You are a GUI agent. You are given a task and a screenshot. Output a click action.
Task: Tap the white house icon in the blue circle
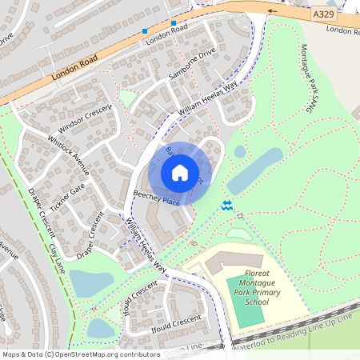(180, 172)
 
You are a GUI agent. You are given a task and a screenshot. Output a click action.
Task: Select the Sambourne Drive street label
(192, 66)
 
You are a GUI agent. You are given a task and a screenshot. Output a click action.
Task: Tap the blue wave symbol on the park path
(228, 206)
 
